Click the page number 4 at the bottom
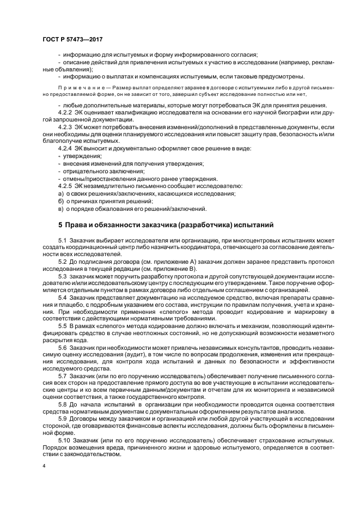click(x=44, y=466)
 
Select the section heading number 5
click(x=60, y=224)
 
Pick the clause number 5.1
click(x=63, y=240)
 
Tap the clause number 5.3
click(x=63, y=276)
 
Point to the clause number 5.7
click(x=63, y=376)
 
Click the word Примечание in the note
click(x=80, y=87)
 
